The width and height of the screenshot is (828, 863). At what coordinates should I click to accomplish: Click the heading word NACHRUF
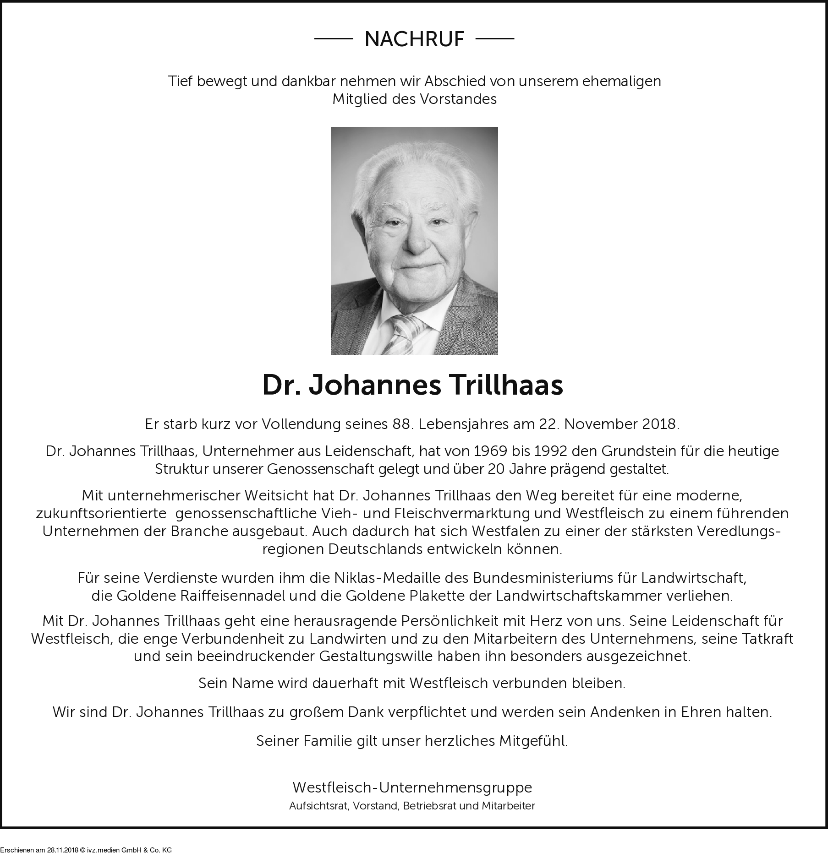[414, 39]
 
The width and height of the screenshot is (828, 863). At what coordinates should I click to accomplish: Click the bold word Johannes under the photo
[375, 385]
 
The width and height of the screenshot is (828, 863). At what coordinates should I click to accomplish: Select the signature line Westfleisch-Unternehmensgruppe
[412, 787]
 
